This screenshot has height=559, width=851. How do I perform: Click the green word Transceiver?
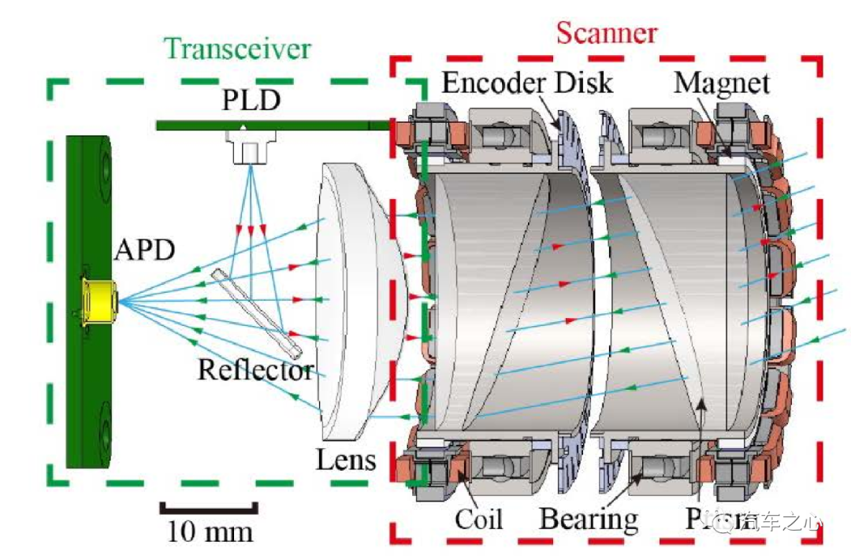point(238,49)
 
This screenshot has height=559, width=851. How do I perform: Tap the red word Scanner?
point(606,33)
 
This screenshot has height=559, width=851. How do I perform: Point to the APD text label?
point(144,250)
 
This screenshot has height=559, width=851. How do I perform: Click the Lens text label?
point(346,459)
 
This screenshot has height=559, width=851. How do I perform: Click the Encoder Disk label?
point(526,82)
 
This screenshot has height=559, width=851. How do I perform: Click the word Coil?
point(478,520)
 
